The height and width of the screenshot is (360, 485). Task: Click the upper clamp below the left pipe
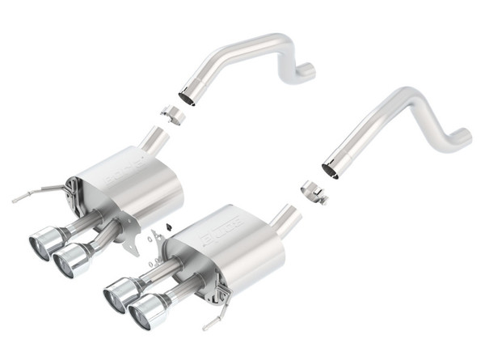pos(172,114)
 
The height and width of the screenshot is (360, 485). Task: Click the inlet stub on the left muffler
pos(154,141)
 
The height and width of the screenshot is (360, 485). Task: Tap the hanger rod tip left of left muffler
pos(16,199)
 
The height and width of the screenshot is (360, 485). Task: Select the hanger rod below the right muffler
pos(212,321)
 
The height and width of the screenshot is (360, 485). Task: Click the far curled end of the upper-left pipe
pos(305,74)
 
